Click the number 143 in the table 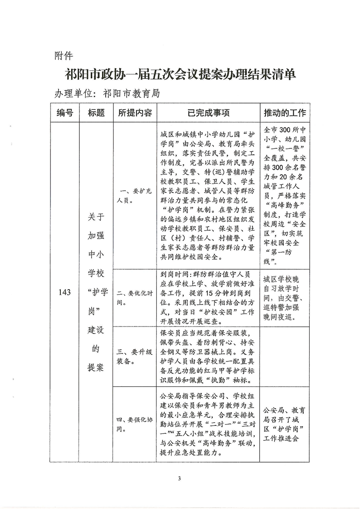tap(64, 292)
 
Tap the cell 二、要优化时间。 tap(134, 297)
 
